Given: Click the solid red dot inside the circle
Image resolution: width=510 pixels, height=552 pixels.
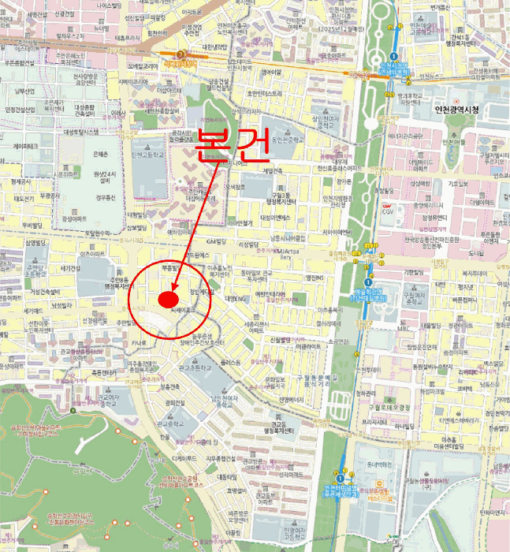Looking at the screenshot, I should tap(167, 300).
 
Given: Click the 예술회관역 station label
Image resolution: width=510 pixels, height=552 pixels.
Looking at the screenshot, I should tap(368, 295).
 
